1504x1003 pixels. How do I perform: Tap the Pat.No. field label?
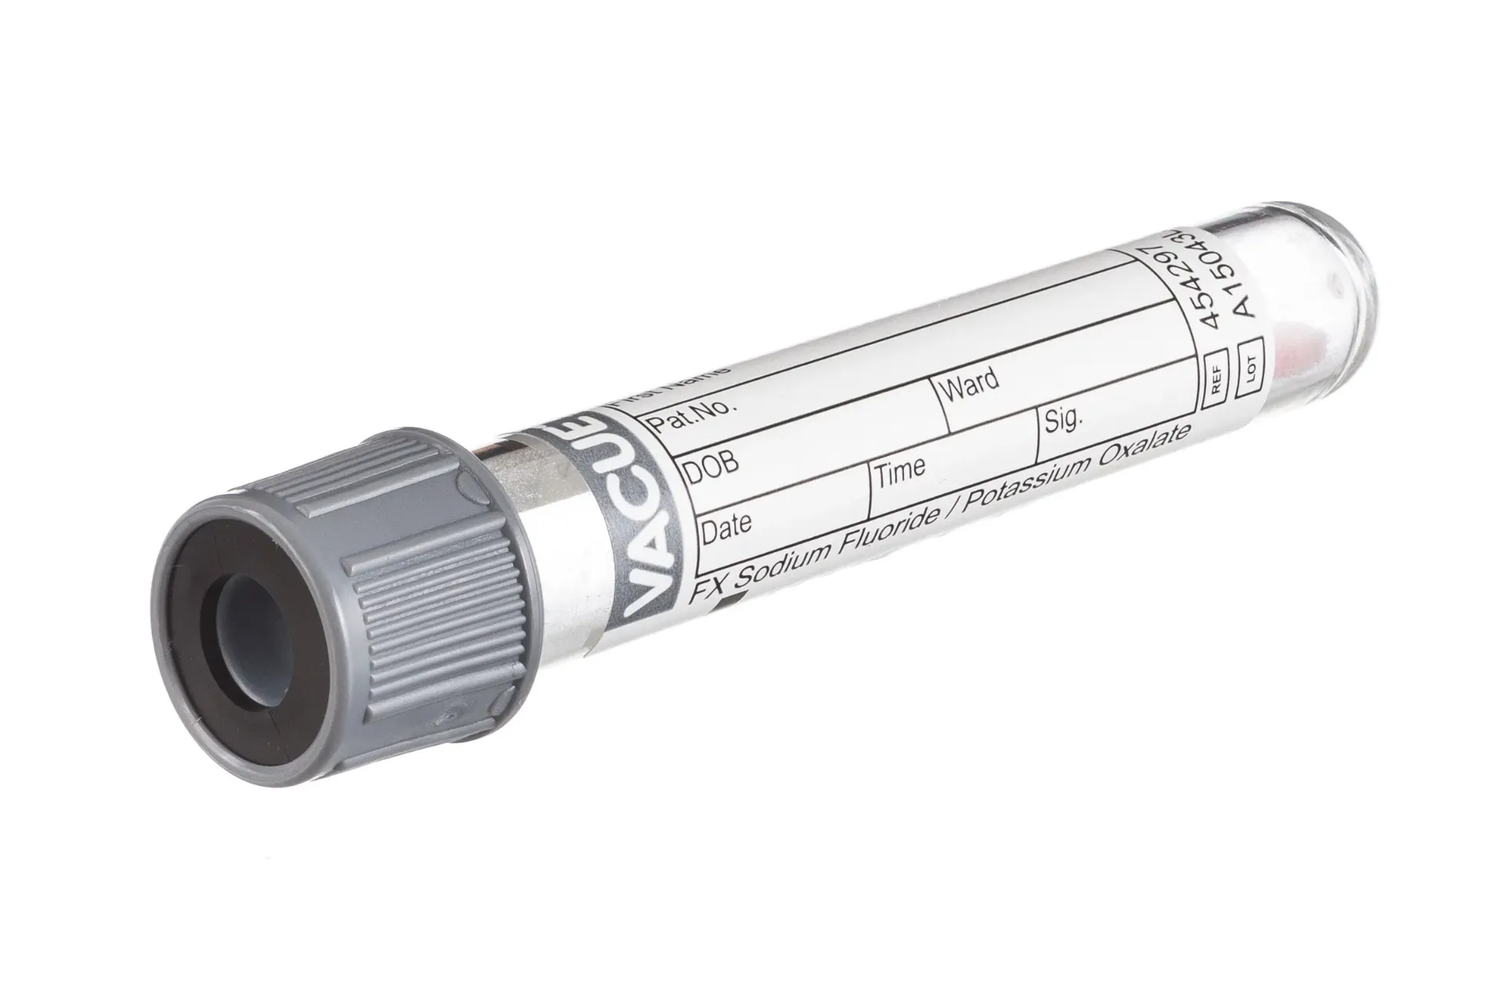682,419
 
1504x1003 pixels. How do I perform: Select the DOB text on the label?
710,469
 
